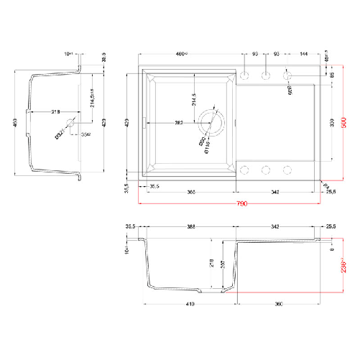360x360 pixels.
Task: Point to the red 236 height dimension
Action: click(x=343, y=267)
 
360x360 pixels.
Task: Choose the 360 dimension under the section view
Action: click(x=279, y=305)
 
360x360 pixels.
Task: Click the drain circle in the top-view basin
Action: click(x=212, y=122)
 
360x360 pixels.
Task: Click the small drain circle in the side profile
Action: click(x=70, y=122)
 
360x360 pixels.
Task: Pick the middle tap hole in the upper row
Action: click(x=266, y=75)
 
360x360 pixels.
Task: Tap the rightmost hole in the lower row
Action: click(x=288, y=170)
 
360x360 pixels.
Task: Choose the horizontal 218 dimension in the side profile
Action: click(x=54, y=113)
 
